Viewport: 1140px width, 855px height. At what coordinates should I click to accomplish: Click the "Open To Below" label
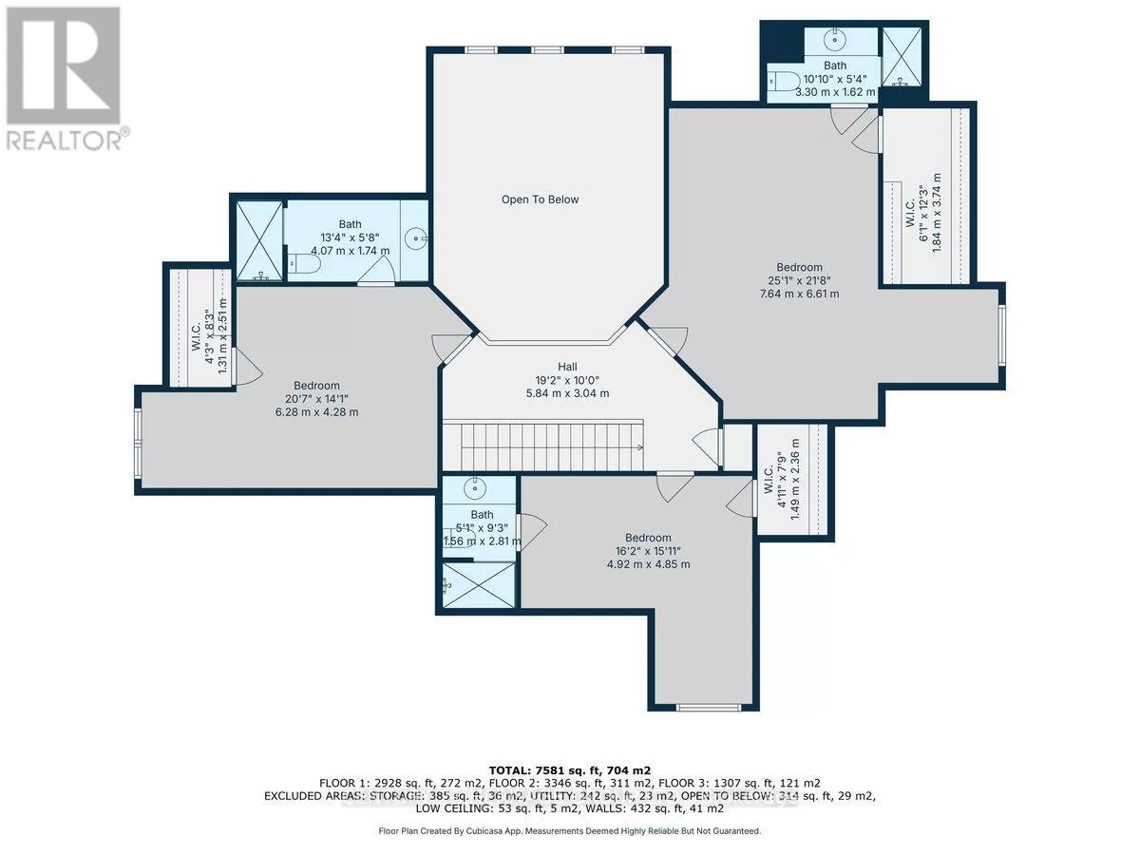click(540, 199)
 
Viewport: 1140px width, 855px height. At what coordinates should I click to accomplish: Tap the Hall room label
click(567, 367)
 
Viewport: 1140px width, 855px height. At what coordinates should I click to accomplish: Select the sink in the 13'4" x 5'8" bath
click(416, 238)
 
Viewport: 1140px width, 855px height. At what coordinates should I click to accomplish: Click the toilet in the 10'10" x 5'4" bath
click(785, 81)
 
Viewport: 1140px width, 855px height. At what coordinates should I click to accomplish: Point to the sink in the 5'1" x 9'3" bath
click(475, 486)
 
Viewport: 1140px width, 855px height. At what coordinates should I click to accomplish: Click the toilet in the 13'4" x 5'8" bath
click(304, 264)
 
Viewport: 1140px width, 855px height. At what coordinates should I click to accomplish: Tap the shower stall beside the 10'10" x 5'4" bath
click(902, 57)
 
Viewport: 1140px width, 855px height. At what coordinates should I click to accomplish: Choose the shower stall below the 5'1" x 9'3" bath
click(479, 584)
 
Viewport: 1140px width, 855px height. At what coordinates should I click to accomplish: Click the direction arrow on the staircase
click(639, 446)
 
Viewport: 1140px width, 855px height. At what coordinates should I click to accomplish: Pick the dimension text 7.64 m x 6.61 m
click(799, 294)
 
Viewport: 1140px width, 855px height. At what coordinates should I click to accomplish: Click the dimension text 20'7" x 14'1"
click(316, 399)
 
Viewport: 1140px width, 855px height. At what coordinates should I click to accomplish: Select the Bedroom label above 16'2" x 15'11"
click(648, 538)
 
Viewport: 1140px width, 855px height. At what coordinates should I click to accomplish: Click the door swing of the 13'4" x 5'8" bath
click(377, 270)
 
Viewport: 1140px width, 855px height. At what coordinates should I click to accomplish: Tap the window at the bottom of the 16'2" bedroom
click(709, 707)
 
